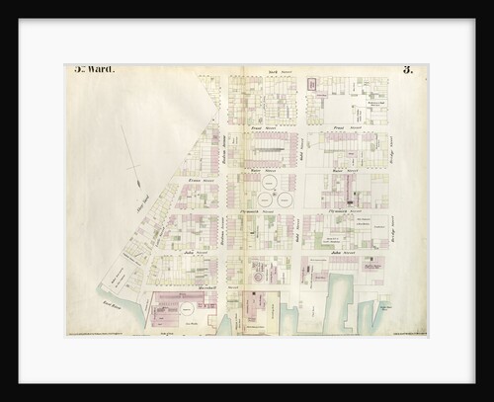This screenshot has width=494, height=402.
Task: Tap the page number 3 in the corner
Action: pos(406,70)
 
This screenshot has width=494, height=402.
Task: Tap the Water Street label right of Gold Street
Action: pos(341,170)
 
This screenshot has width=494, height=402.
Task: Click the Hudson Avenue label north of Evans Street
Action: pos(225,148)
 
